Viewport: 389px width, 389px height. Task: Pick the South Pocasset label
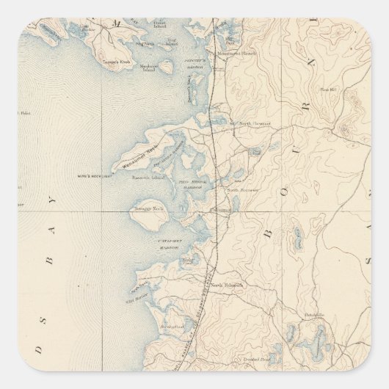pyautogui.click(x=243, y=189)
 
